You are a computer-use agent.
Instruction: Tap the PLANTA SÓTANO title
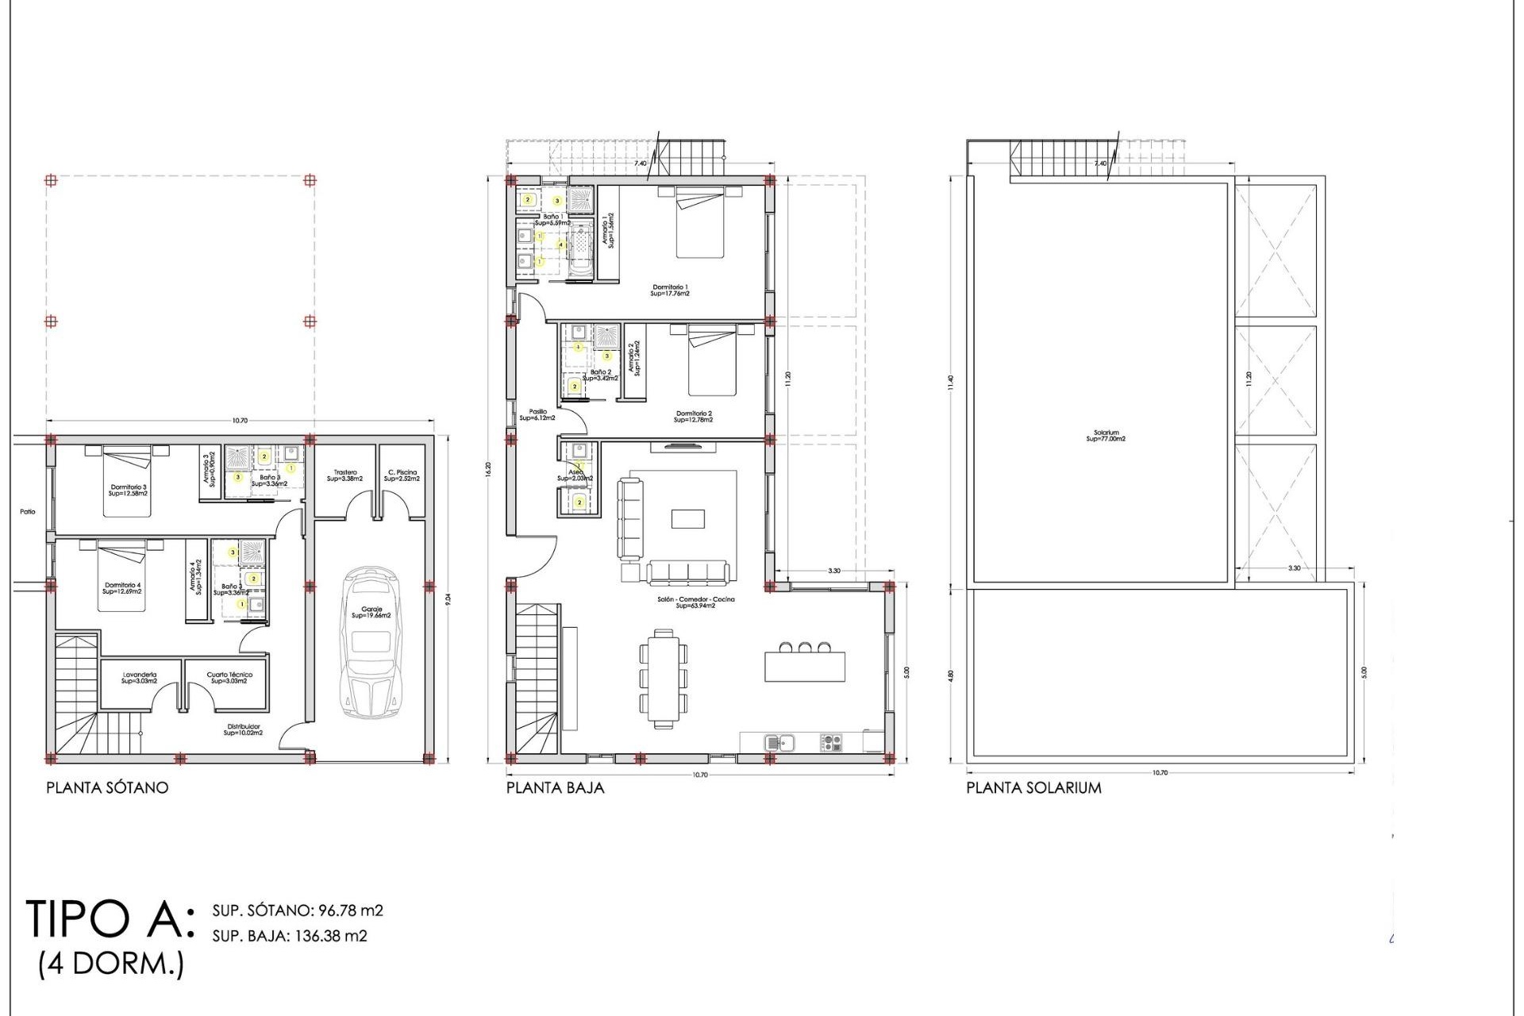107,787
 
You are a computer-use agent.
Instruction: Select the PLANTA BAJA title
555,787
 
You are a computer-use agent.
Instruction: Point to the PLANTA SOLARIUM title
1033,787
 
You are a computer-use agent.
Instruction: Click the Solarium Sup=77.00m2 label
1106,436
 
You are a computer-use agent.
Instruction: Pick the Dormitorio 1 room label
669,290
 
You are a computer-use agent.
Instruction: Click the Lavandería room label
139,677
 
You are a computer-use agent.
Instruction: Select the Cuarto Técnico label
229,677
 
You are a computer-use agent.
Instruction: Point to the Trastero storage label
344,475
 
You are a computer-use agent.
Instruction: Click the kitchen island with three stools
804,665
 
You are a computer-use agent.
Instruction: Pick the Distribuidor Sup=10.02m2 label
243,729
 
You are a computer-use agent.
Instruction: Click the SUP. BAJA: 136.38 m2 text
290,936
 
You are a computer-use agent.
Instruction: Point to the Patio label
28,512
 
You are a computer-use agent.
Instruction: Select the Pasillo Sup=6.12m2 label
537,414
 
